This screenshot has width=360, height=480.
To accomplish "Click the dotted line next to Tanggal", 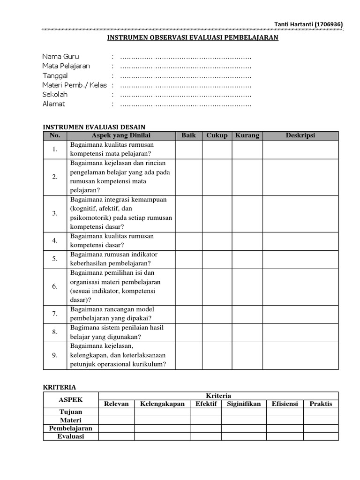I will click(x=186, y=75).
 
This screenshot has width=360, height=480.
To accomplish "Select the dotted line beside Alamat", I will click(x=186, y=104).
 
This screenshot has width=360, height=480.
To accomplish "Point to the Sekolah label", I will click(x=55, y=94).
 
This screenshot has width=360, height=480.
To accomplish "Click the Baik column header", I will click(x=188, y=135).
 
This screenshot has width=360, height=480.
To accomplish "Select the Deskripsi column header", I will click(x=300, y=135).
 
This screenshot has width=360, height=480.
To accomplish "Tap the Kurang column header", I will click(x=247, y=135).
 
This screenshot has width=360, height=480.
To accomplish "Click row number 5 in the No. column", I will click(x=55, y=259).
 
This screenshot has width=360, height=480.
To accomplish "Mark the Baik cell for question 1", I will click(x=188, y=150).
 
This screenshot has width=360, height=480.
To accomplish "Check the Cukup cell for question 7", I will click(x=217, y=314).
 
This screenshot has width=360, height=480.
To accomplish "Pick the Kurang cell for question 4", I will click(x=247, y=241).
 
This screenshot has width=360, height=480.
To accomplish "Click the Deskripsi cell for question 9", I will click(x=300, y=355).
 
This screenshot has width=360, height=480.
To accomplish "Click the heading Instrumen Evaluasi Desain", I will click(x=94, y=127).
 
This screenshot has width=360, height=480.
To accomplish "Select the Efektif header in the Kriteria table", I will click(x=206, y=404).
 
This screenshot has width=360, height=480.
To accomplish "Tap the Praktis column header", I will click(x=321, y=404).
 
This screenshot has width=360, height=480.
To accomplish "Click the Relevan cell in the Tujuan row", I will click(x=116, y=412).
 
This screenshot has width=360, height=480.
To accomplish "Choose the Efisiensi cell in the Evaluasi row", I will click(x=285, y=436).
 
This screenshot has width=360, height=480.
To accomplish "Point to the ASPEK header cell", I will click(x=70, y=400).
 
